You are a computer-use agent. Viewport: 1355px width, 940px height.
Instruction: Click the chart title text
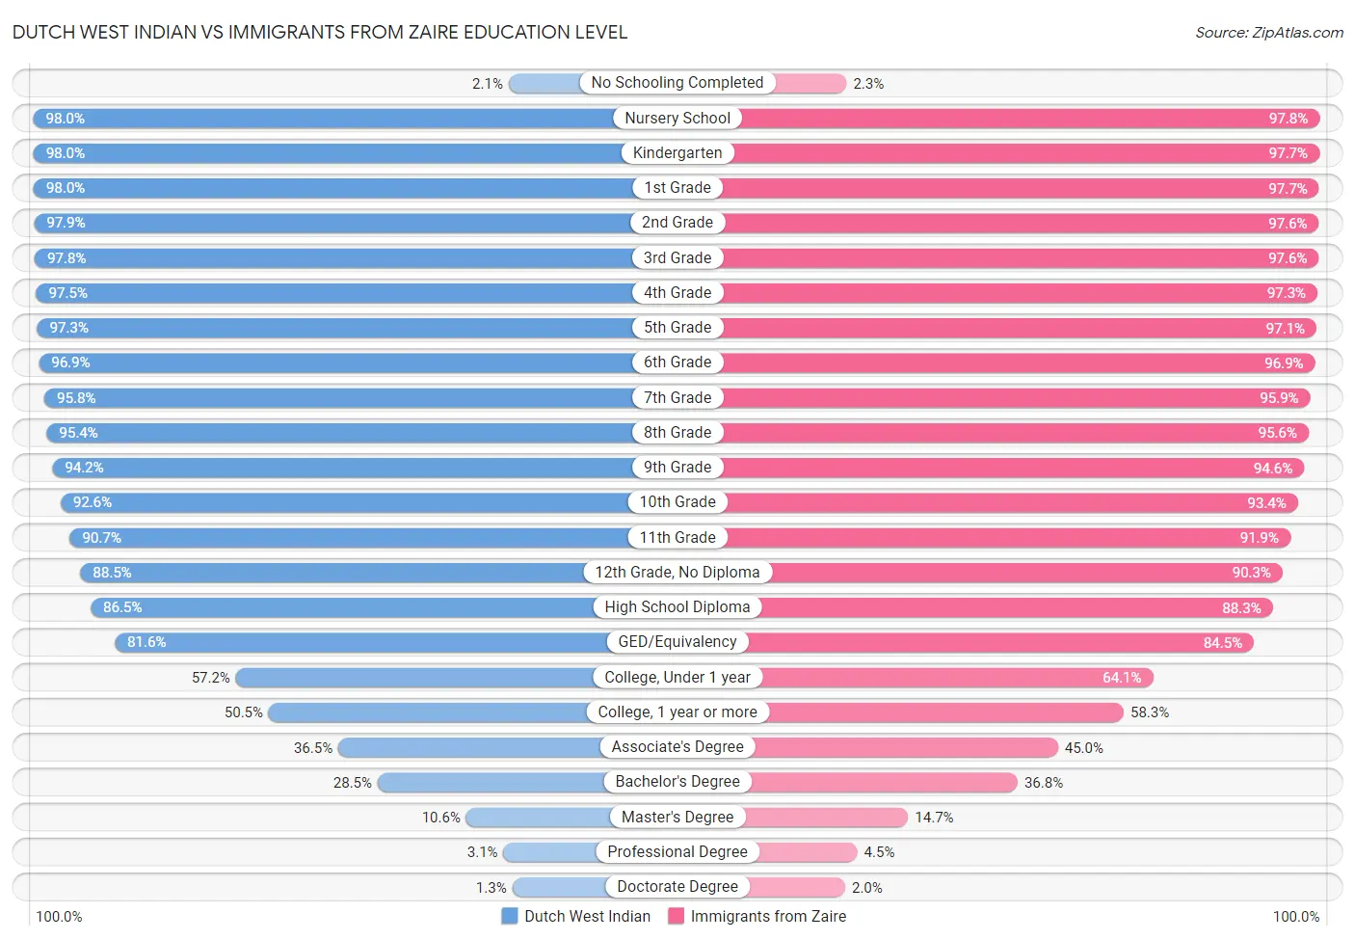click(x=320, y=32)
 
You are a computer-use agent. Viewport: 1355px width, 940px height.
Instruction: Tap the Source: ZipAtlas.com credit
click(x=1268, y=32)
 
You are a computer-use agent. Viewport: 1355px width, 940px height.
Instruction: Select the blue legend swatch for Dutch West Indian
click(x=510, y=916)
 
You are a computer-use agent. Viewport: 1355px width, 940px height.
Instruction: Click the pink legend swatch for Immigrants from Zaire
click(x=676, y=916)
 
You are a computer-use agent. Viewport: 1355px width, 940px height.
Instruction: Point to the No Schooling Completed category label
click(x=677, y=83)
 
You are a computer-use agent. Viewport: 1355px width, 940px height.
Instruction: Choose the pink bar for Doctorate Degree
click(x=796, y=887)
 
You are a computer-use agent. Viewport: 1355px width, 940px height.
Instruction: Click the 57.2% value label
click(x=211, y=678)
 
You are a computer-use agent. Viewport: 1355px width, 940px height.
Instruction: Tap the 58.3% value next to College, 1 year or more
click(x=1150, y=712)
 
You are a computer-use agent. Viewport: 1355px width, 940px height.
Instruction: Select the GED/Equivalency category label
click(x=677, y=642)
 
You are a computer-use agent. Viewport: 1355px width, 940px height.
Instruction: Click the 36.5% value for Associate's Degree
click(x=313, y=747)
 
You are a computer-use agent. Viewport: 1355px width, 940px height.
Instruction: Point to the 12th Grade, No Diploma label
click(x=677, y=573)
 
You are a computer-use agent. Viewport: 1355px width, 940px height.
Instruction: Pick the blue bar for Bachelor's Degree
click(x=492, y=782)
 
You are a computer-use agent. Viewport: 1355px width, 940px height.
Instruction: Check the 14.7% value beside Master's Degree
click(x=934, y=818)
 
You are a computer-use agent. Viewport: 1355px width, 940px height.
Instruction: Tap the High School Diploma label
click(x=677, y=607)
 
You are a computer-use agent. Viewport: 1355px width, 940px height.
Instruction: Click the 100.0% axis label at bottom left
click(x=59, y=916)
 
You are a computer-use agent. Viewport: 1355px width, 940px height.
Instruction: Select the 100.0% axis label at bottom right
click(x=1295, y=916)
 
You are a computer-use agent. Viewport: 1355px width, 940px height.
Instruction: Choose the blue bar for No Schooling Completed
click(x=545, y=84)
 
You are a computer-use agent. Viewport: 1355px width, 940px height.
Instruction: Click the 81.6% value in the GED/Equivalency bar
click(x=146, y=642)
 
